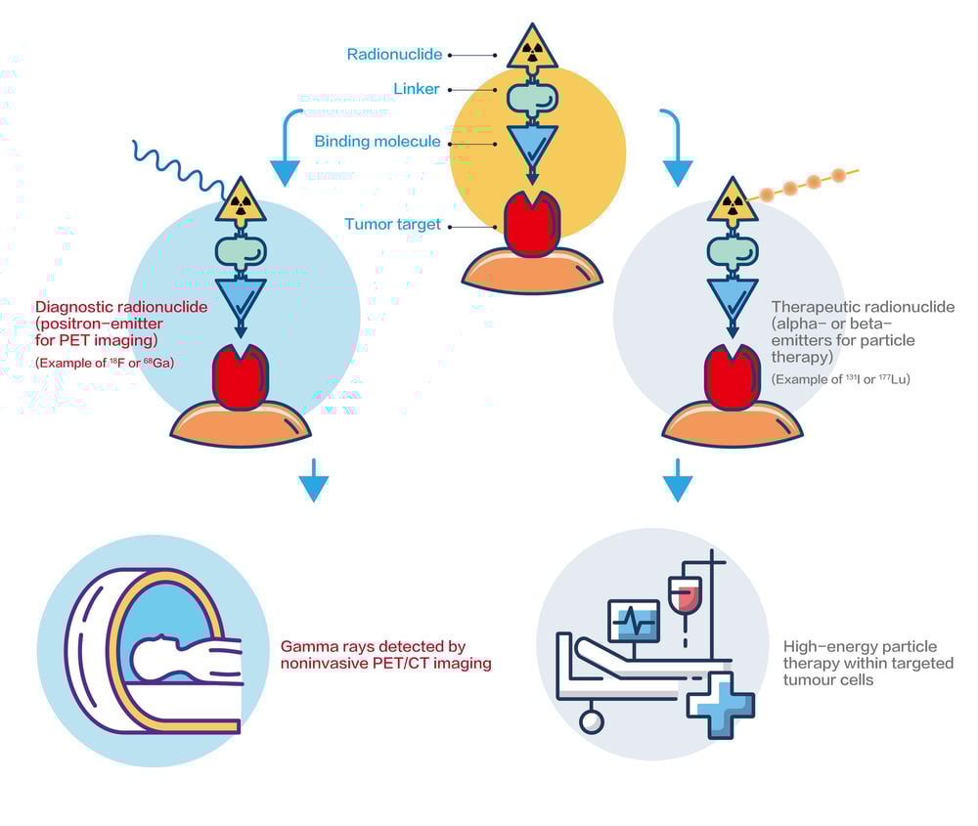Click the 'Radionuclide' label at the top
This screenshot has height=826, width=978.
point(394,55)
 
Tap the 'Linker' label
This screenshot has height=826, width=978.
point(417,89)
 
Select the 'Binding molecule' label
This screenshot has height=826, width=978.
point(378,142)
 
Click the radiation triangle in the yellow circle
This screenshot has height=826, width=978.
point(532,50)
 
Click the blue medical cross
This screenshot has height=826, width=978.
point(721,704)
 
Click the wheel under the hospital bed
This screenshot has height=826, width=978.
point(591,722)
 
